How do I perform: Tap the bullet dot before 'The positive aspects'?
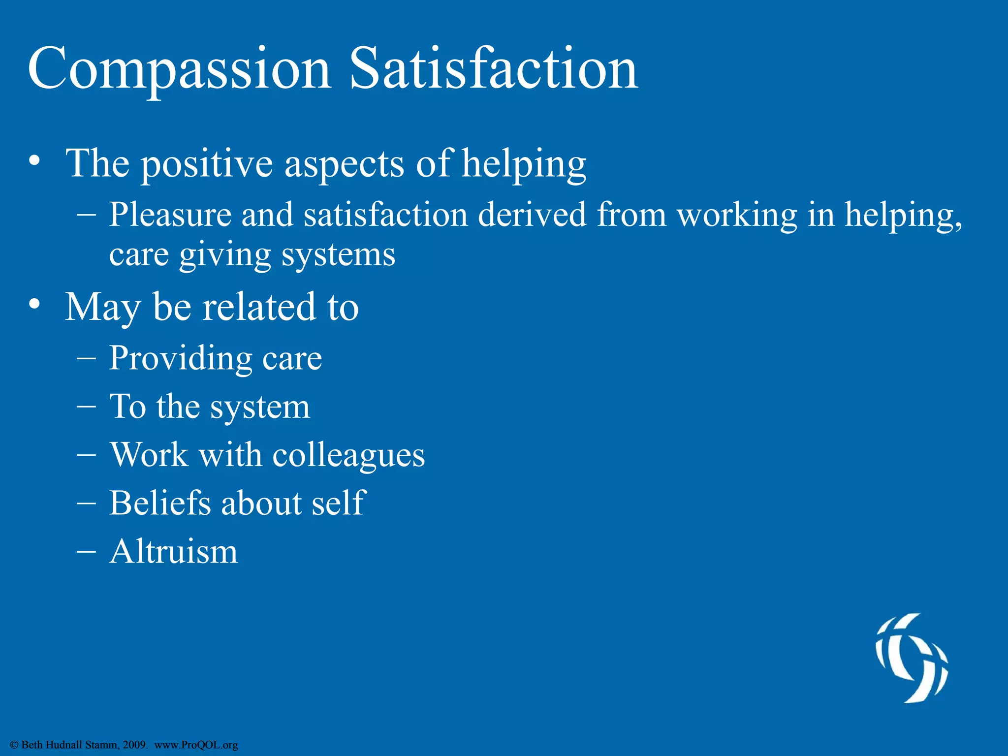pos(34,161)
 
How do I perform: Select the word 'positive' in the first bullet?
pos(207,164)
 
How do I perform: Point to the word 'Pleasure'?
pos(170,215)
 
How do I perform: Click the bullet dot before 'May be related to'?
pos(34,305)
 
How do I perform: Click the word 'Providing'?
pos(180,358)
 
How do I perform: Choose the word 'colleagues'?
pos(348,455)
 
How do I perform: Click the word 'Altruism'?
pos(173,552)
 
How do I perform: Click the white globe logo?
pos(912,658)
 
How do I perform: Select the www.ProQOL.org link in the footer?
pos(196,745)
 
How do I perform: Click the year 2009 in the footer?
pos(134,745)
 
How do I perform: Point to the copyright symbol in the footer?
pos(14,745)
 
